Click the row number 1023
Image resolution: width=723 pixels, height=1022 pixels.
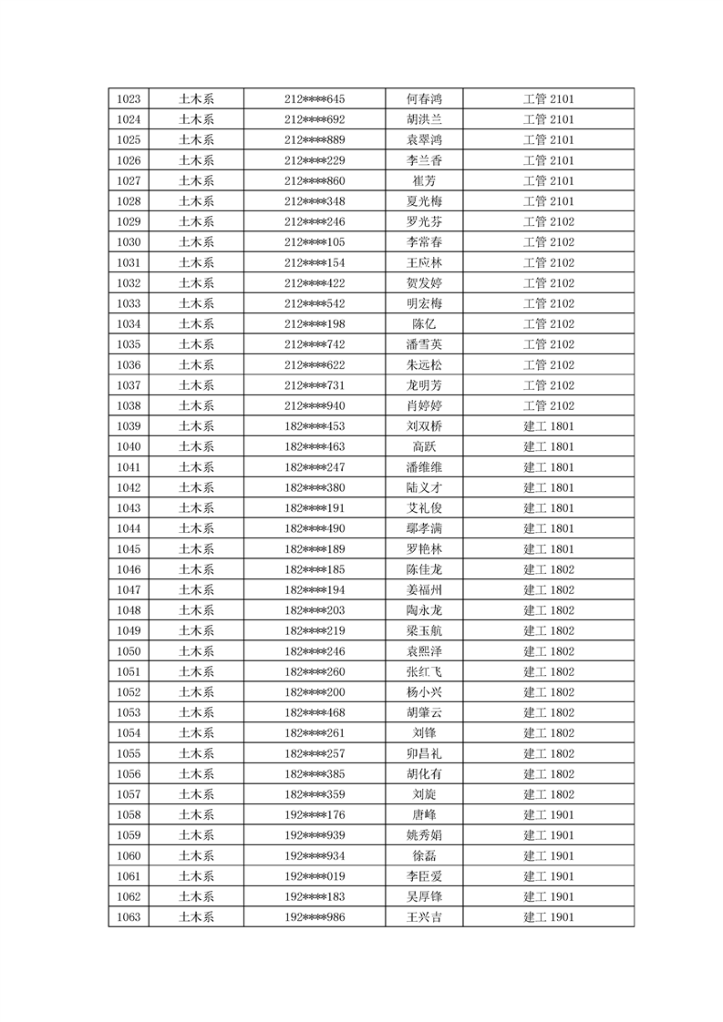pos(129,99)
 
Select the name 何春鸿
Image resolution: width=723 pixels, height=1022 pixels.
pos(424,99)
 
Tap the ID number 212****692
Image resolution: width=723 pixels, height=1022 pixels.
pos(315,119)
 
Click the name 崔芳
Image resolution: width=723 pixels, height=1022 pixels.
pos(424,180)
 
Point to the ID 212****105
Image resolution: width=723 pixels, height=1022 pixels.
pos(315,242)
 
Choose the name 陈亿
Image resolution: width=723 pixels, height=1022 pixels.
pos(424,324)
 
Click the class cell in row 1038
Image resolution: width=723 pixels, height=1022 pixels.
pos(548,405)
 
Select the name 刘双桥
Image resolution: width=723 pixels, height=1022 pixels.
pos(424,426)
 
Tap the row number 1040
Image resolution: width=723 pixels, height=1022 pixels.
pos(129,446)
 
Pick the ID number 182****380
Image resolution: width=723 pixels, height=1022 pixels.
pos(315,487)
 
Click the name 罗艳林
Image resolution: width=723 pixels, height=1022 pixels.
pos(424,549)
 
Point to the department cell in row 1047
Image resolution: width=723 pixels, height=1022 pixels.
pos(196,590)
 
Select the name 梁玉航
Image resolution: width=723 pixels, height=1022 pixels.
pos(424,630)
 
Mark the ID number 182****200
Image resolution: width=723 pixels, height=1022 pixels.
pos(315,692)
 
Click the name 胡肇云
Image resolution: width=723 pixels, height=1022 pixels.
pos(424,712)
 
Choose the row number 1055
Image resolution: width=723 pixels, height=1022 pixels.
pos(129,753)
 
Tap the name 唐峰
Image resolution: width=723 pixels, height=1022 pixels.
pos(424,814)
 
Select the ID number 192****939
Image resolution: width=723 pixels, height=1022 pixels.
pos(315,835)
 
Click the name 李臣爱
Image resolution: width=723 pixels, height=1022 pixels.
pos(424,876)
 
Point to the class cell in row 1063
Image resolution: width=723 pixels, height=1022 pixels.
pos(548,916)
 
